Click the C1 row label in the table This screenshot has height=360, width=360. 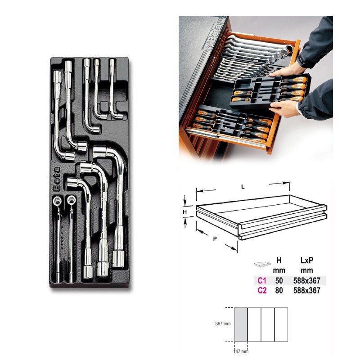[x=262, y=280]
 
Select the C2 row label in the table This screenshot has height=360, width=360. [x=262, y=290]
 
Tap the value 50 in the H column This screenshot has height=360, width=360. [x=279, y=280]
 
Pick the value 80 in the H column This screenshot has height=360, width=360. [x=279, y=290]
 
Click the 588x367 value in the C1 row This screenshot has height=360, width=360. [x=307, y=280]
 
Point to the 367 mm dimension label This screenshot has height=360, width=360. [x=223, y=324]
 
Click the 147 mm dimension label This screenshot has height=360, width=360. [x=241, y=351]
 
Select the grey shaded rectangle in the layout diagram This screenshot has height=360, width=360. [x=241, y=324]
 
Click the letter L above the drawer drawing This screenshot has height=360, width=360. [x=243, y=187]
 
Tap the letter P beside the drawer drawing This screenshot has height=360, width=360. [x=215, y=239]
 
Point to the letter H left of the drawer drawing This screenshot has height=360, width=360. [x=185, y=212]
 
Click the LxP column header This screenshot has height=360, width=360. [x=307, y=261]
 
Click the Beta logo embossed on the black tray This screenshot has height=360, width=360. [x=57, y=179]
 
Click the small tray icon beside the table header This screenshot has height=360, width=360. [x=262, y=264]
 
